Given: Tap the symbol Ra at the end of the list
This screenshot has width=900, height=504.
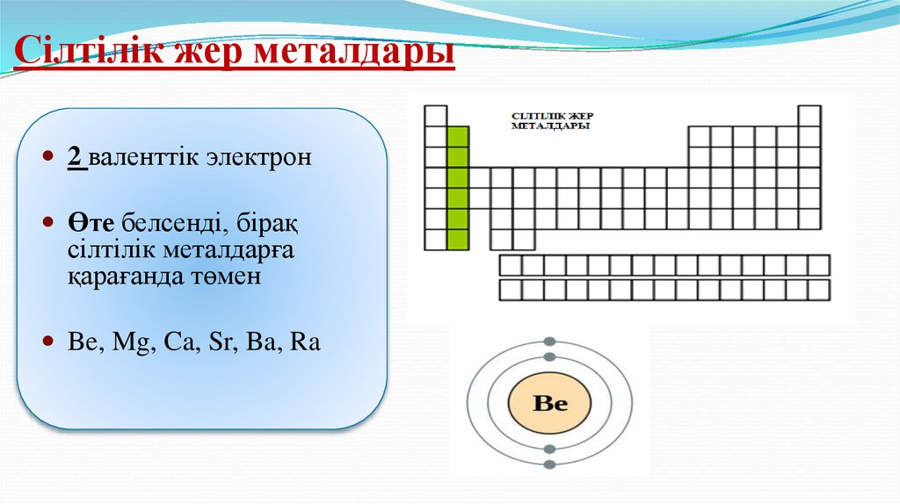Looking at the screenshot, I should pyautogui.click(x=304, y=342).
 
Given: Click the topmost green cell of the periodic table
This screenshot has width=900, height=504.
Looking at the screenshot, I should pyautogui.click(x=457, y=136).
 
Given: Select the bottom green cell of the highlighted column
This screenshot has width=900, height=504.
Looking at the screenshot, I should pyautogui.click(x=457, y=240).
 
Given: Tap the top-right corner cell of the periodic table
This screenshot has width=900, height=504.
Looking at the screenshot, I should pyautogui.click(x=809, y=116).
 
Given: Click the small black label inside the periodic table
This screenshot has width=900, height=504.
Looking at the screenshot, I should pyautogui.click(x=550, y=120).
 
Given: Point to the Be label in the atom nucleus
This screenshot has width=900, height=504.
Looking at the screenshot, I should pyautogui.click(x=550, y=404).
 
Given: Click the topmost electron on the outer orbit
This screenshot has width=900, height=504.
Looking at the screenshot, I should pyautogui.click(x=550, y=342).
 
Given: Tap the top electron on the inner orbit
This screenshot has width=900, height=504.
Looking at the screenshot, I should pyautogui.click(x=550, y=357).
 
